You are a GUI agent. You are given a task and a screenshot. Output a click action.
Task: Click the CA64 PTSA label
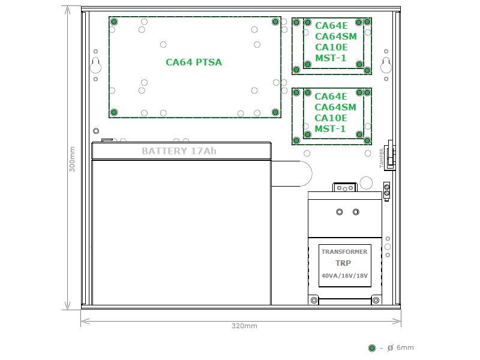pyautogui.click(x=194, y=62)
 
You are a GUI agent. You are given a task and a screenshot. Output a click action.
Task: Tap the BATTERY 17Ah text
pyautogui.click(x=179, y=151)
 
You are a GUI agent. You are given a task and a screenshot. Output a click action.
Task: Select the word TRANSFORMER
pyautogui.click(x=344, y=251)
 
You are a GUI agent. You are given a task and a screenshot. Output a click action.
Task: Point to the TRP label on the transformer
pyautogui.click(x=343, y=263)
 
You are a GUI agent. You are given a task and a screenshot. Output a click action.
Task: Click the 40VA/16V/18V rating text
pyautogui.click(x=344, y=275)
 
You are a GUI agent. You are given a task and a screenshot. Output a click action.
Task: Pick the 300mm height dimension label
pyautogui.click(x=72, y=159)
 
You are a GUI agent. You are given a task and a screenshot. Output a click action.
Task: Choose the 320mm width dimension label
pyautogui.click(x=244, y=326)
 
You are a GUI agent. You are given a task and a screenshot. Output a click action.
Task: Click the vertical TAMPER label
pyautogui.click(x=382, y=158)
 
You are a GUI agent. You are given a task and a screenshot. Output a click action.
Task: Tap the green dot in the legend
pyautogui.click(x=372, y=348)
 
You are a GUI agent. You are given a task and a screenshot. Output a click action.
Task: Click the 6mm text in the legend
pyautogui.click(x=405, y=347)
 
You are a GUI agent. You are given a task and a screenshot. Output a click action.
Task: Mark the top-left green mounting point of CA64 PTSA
pyautogui.click(x=114, y=22)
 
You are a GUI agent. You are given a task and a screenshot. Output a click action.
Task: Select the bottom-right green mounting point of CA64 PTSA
pyautogui.click(x=275, y=112)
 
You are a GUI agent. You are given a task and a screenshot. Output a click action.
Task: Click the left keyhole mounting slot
pyautogui.click(x=96, y=65)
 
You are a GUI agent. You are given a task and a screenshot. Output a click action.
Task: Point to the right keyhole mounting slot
pyautogui.click(x=386, y=65)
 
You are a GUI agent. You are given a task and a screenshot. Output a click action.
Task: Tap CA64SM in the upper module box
pyautogui.click(x=336, y=37)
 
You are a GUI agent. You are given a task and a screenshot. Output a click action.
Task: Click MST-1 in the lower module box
pyautogui.click(x=330, y=128)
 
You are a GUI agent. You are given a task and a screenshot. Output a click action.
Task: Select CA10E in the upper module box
pyautogui.click(x=331, y=47)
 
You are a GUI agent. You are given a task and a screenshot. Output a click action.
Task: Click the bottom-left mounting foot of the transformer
pyautogui.click(x=314, y=301)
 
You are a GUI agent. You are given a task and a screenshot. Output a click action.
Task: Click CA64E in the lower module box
pyautogui.click(x=331, y=97)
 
